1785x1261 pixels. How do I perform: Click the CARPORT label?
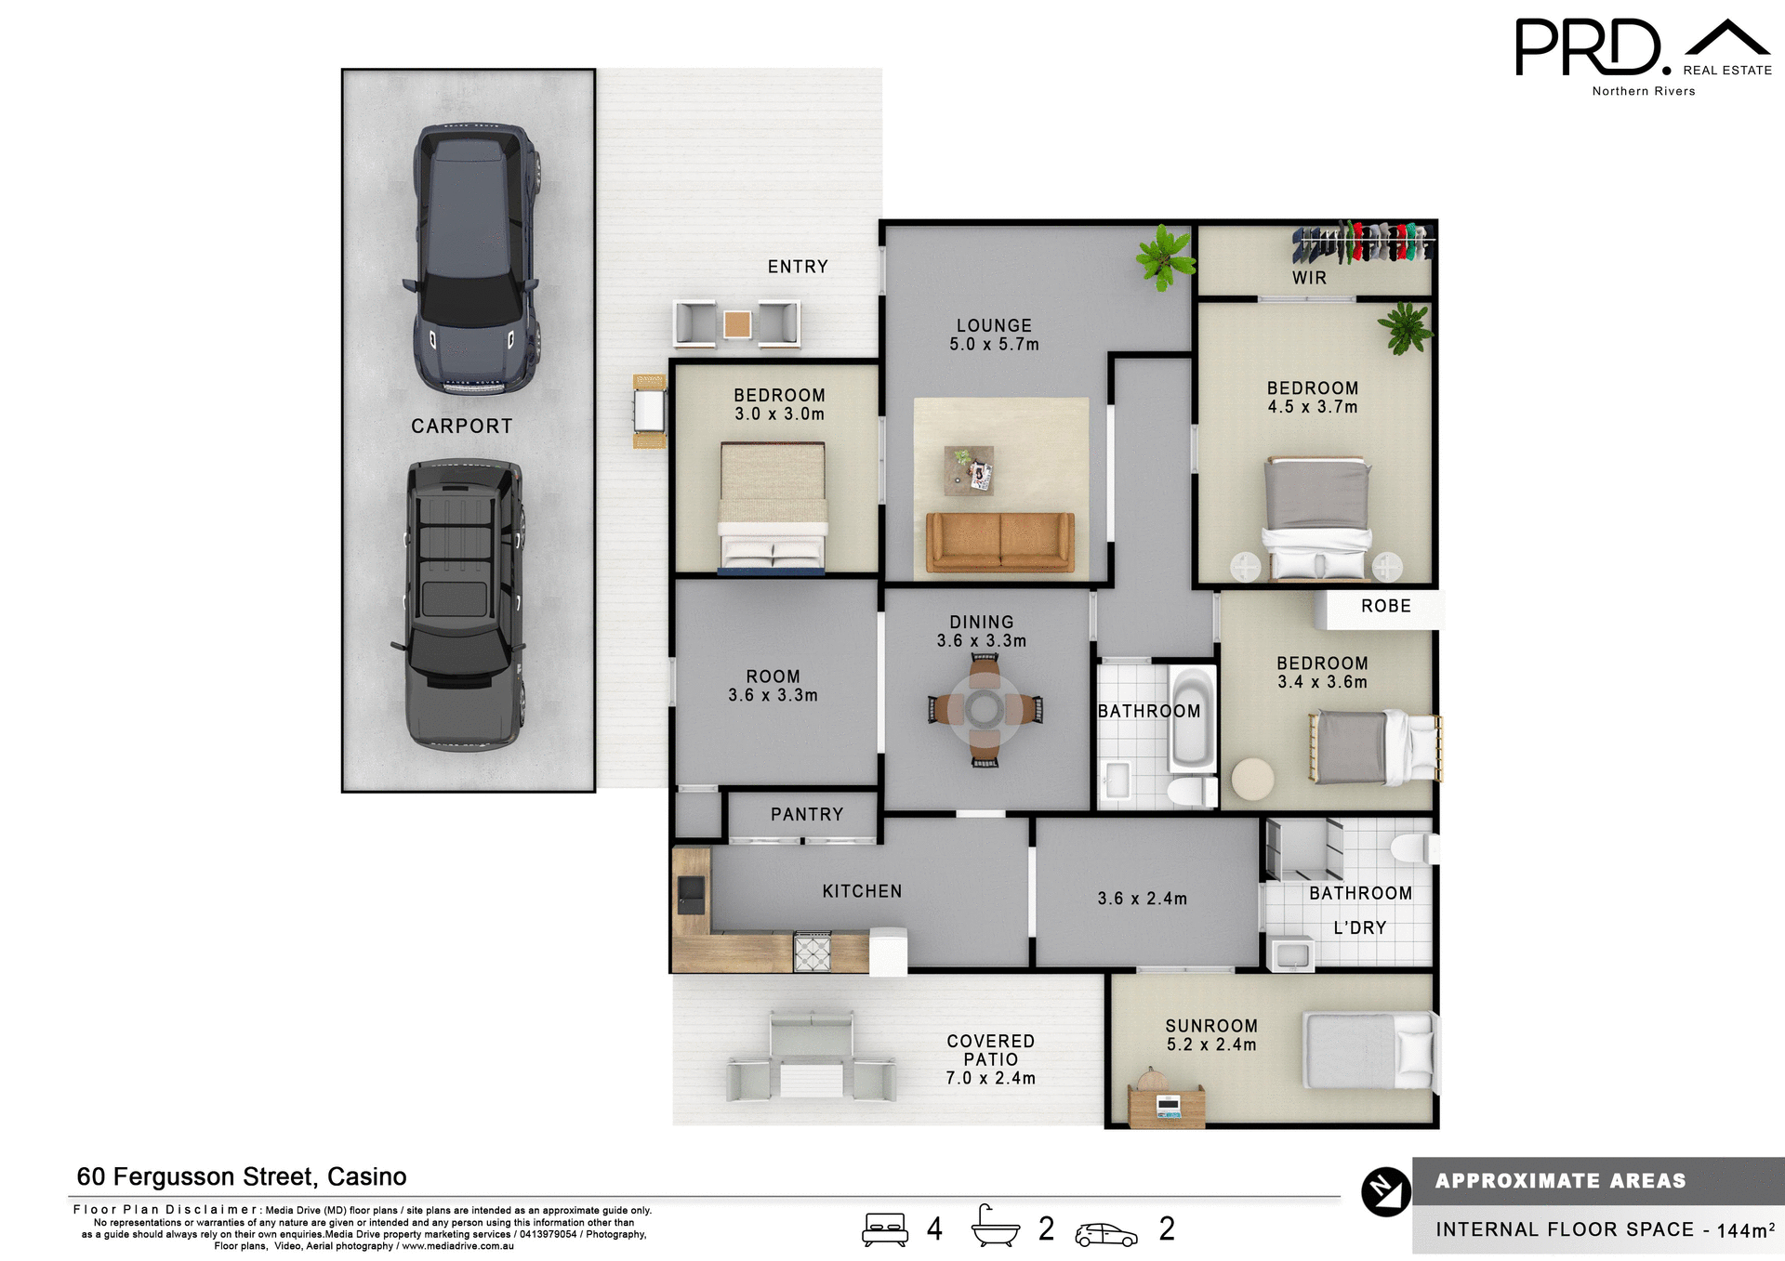tap(461, 427)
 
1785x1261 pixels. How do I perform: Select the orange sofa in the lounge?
tap(999, 542)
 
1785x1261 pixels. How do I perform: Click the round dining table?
tap(985, 710)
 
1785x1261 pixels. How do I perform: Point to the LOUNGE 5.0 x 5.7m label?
tap(994, 335)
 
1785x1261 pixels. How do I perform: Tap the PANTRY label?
tap(806, 815)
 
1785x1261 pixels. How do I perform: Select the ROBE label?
tap(1385, 607)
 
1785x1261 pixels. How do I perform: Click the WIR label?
tap(1309, 278)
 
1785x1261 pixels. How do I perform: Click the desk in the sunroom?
tap(1166, 1106)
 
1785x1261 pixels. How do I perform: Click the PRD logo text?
tap(1588, 48)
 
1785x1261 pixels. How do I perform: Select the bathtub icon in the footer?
tap(995, 1228)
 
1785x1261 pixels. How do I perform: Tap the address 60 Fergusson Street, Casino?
tap(242, 1177)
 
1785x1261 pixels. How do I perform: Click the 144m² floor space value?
tap(1745, 1230)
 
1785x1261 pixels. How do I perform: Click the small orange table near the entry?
tap(737, 324)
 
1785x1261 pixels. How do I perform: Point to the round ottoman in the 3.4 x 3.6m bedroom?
tap(1252, 779)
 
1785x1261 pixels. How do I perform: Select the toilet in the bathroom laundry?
tap(1414, 847)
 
